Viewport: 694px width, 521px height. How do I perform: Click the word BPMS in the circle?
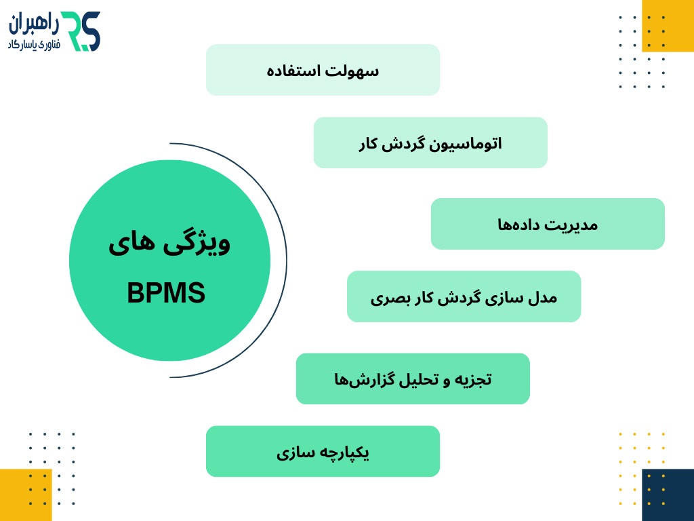tap(166, 294)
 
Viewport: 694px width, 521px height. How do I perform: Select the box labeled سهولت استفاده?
tap(323, 70)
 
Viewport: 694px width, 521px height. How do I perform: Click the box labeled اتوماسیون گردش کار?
tap(430, 142)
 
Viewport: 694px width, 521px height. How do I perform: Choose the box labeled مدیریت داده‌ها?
tap(548, 224)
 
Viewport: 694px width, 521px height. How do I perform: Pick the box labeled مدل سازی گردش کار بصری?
tap(464, 296)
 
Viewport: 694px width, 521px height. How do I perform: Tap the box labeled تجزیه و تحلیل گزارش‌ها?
tap(413, 379)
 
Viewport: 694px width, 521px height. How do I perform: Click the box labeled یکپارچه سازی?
tap(323, 451)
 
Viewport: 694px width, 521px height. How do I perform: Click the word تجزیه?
tap(474, 379)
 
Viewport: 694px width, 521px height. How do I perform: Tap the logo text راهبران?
tap(33, 25)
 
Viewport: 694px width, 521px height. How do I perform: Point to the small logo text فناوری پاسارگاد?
tap(33, 43)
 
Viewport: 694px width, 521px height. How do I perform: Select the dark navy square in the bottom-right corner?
tap(668, 495)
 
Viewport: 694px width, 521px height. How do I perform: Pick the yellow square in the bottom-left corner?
tap(26, 495)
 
